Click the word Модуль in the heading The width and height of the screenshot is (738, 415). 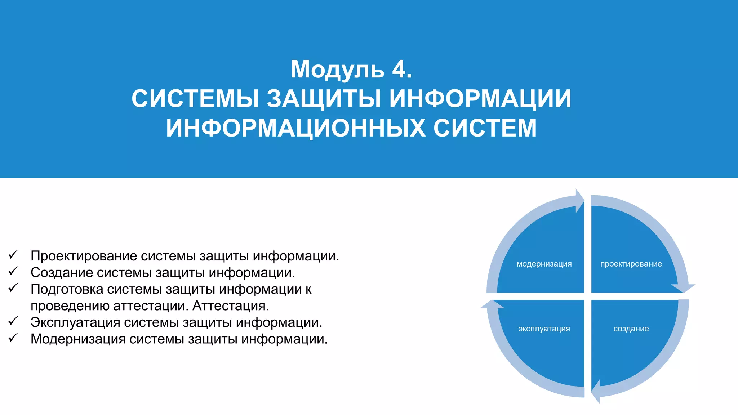337,70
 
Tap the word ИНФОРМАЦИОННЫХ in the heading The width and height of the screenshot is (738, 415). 295,128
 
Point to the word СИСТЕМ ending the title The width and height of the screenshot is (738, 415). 485,128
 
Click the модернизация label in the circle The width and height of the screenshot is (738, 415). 544,264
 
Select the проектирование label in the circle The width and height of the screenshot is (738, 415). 631,264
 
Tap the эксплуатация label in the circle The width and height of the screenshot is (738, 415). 544,329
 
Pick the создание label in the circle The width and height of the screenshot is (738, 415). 631,329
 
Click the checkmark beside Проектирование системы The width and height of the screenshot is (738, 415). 13,255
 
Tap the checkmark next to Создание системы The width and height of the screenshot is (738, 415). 13,271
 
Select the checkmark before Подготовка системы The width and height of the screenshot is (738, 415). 13,288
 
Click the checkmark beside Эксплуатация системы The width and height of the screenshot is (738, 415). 13,321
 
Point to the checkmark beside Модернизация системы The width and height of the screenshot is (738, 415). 13,338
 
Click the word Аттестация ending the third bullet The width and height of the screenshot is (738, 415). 231,306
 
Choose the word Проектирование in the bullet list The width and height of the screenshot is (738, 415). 84,256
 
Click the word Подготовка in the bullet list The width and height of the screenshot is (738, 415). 67,289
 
